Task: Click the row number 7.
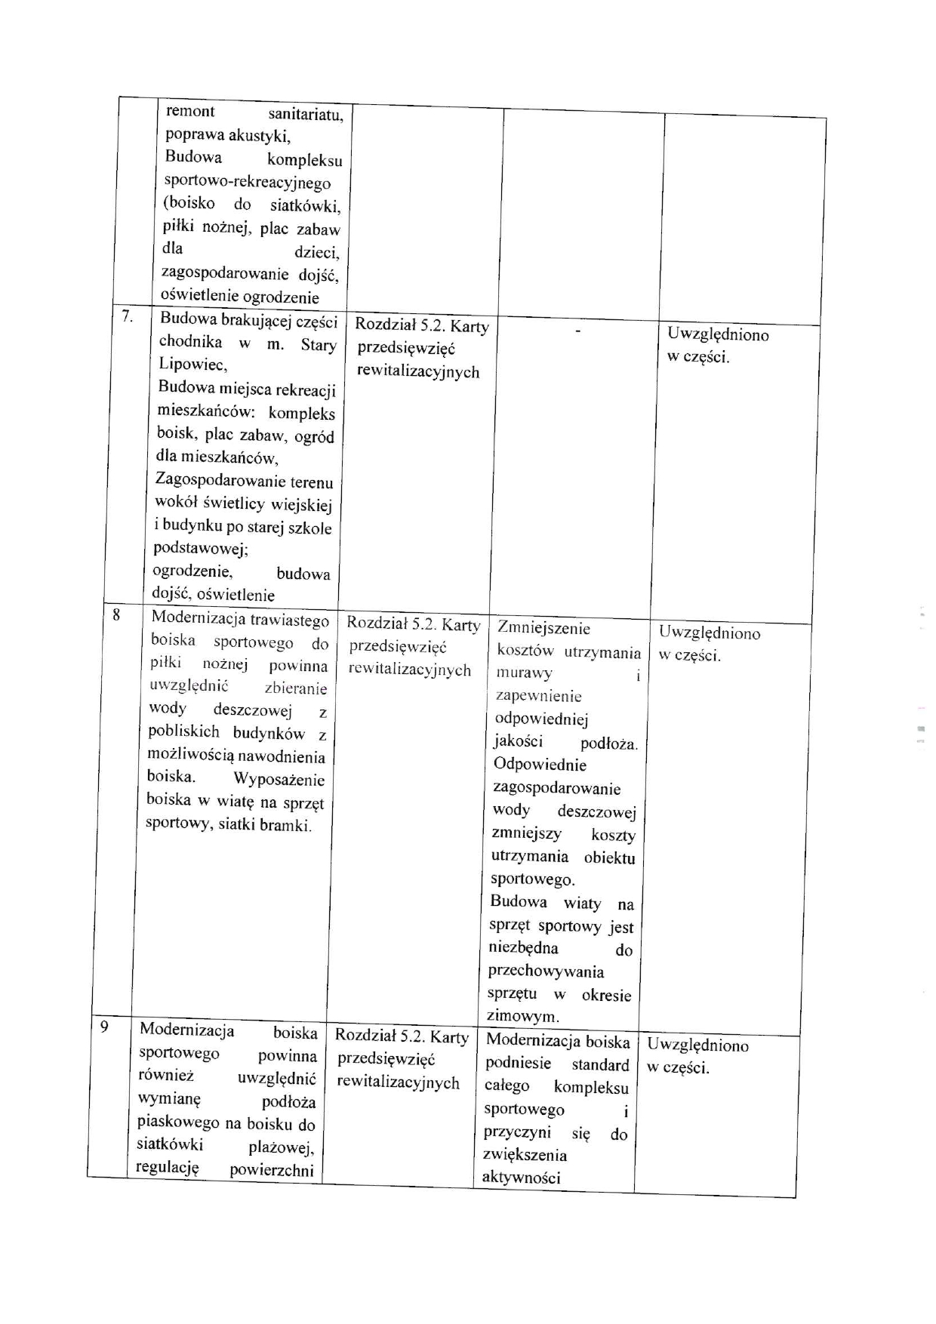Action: click(x=128, y=317)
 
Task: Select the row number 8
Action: click(x=116, y=614)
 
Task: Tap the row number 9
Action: click(x=104, y=1027)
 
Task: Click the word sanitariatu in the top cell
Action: click(x=306, y=115)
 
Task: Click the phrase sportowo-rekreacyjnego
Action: click(x=248, y=182)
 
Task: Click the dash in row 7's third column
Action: click(x=578, y=331)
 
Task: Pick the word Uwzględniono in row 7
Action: click(x=718, y=334)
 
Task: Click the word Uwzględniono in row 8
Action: click(x=710, y=633)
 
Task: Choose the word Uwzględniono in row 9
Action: click(x=698, y=1045)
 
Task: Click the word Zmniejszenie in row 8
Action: click(x=544, y=628)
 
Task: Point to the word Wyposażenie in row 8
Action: click(x=279, y=780)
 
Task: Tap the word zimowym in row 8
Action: click(x=523, y=1016)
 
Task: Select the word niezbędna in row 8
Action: click(x=524, y=948)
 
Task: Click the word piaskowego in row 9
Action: click(x=179, y=1122)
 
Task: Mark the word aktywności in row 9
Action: click(x=521, y=1178)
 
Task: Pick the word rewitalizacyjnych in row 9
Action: click(x=398, y=1082)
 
